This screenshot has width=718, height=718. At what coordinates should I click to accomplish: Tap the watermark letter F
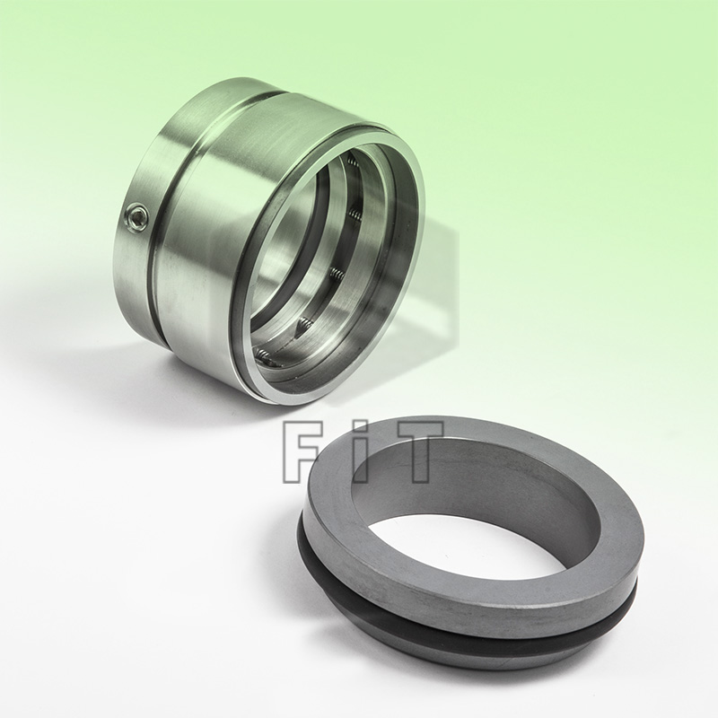304,454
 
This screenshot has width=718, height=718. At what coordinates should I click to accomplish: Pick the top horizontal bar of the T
414,430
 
